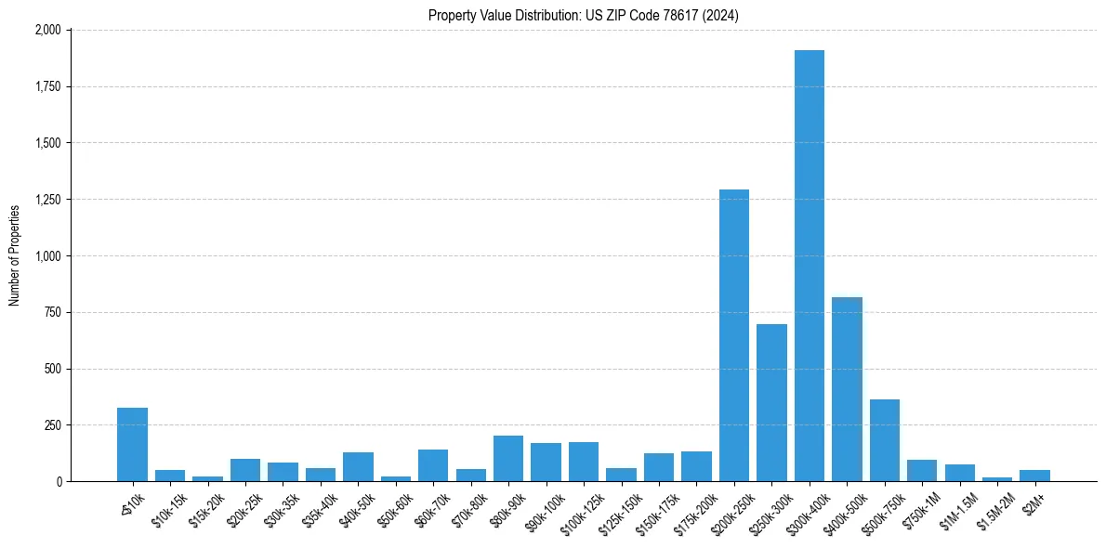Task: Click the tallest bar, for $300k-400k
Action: coord(809,266)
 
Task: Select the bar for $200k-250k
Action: coord(733,335)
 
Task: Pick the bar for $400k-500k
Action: coord(847,389)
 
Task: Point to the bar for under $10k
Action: coord(132,444)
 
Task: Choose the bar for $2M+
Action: coord(1034,476)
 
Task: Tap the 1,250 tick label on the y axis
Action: coord(46,200)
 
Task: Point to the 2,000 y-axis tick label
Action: coord(46,30)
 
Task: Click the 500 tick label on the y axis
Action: coord(52,369)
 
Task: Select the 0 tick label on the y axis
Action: coord(58,481)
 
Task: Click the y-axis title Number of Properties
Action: coord(15,255)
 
